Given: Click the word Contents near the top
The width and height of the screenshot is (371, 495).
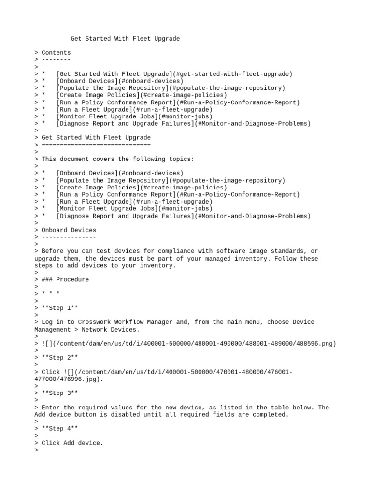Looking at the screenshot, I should point(56,53).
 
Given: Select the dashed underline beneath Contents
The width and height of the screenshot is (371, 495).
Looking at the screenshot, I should point(56,59).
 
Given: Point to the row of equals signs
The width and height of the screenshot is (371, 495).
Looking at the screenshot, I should point(96,145).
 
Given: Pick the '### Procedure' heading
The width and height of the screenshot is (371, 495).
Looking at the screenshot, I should point(65,279).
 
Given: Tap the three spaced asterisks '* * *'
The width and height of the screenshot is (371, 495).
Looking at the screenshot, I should point(51,294).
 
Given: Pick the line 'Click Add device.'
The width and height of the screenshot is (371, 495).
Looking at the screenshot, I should point(72,443).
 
